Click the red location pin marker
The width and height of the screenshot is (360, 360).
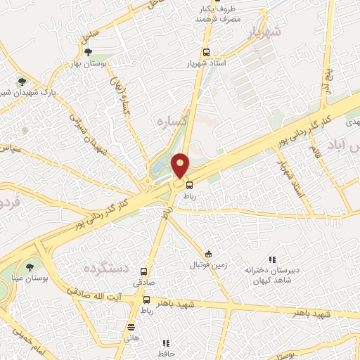[181, 166]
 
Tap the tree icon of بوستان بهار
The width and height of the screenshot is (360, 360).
[87, 52]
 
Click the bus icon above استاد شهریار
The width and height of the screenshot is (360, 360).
[206, 53]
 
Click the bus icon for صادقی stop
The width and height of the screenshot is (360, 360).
[144, 271]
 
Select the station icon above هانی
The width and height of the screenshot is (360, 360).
[131, 327]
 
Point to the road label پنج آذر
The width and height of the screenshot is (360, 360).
[326, 82]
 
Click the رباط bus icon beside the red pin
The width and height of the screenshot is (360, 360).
[189, 185]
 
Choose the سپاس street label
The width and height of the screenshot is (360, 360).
[18, 150]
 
